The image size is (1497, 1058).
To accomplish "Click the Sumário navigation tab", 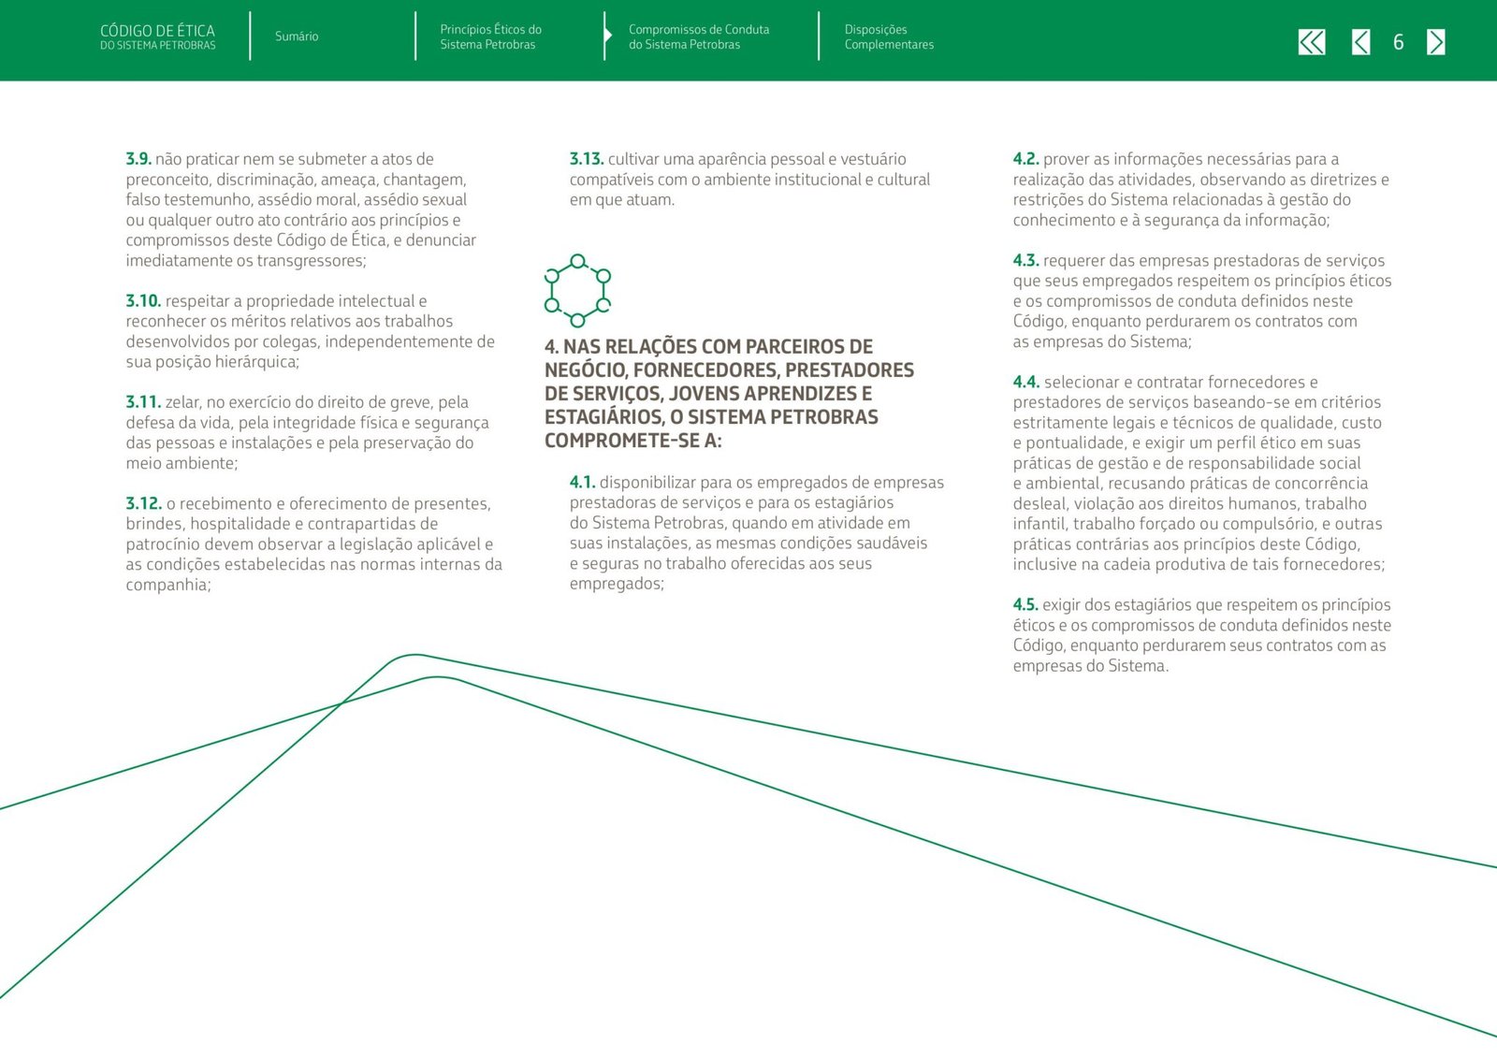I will click(x=297, y=36).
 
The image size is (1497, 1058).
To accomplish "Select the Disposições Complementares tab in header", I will click(x=888, y=37).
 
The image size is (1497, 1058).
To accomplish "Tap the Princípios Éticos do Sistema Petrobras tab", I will click(x=490, y=37).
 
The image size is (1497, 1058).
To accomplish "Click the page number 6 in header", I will click(x=1398, y=42).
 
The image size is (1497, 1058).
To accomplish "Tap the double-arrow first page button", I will click(x=1312, y=42).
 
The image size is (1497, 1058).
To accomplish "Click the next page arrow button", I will click(x=1436, y=42).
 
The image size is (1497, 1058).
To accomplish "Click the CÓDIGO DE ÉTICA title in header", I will click(x=157, y=32).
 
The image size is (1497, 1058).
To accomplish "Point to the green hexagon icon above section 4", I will click(x=577, y=291).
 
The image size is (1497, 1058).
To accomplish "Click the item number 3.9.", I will click(x=138, y=159).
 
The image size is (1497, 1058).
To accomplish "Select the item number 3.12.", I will click(x=143, y=503).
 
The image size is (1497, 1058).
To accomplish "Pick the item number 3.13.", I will click(x=587, y=159).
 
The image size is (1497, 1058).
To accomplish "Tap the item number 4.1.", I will click(x=582, y=482).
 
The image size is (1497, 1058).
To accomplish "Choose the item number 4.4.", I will click(x=1025, y=382).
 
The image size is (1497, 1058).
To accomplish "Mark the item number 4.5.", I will click(x=1025, y=604).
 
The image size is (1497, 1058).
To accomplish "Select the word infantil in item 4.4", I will click(x=1039, y=524).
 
